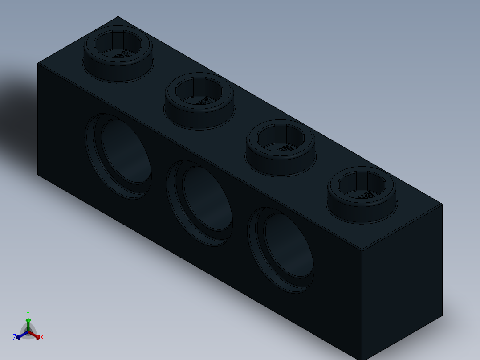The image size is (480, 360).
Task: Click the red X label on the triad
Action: point(42,338)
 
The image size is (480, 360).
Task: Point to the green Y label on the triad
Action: point(28,313)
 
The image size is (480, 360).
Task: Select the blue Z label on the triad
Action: point(15,338)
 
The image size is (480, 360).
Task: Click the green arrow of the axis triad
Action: point(28,322)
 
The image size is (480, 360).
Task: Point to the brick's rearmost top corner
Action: point(118,17)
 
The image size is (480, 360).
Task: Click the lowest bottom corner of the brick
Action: point(363,359)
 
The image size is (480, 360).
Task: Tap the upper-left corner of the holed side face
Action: point(38,63)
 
